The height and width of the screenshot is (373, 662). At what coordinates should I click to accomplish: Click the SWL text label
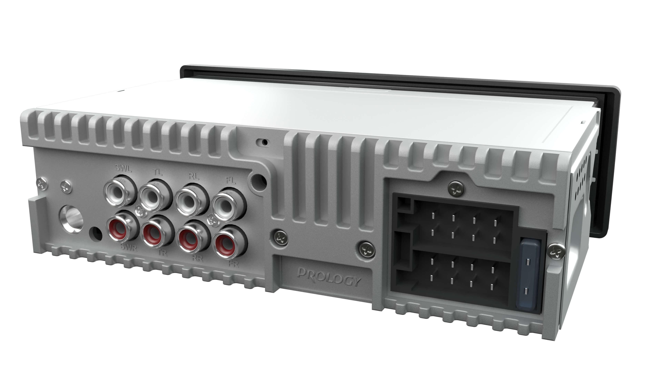[x=123, y=168]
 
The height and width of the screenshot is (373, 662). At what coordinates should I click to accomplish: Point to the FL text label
[x=230, y=180]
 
